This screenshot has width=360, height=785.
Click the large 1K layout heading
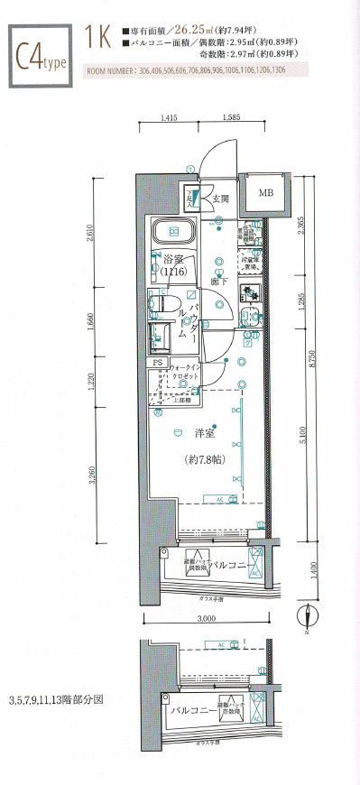[x=97, y=37]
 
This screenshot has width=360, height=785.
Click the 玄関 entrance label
[x=221, y=199]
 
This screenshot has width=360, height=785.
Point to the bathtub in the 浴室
[x=172, y=233]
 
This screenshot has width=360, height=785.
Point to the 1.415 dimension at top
[x=170, y=118]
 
